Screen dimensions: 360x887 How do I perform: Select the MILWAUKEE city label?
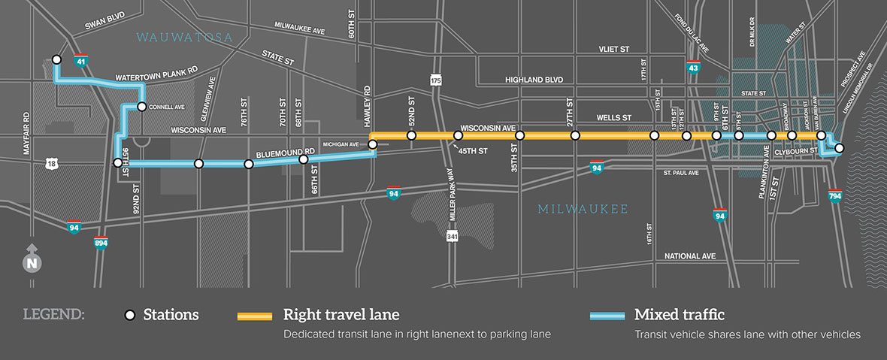click(583, 209)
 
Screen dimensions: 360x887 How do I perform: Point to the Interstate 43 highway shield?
click(695, 68)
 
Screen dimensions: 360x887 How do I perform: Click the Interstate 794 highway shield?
click(834, 196)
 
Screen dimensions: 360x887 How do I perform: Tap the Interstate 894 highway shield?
click(101, 243)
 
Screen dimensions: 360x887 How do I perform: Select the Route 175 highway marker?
click(436, 79)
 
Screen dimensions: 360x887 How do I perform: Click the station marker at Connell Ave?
click(141, 107)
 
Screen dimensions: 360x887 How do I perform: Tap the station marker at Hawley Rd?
click(372, 143)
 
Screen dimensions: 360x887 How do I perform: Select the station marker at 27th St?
click(575, 136)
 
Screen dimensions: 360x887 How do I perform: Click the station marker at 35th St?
click(519, 136)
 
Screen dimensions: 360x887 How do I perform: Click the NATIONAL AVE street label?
click(690, 256)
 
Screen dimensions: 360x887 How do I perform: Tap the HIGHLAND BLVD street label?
click(534, 80)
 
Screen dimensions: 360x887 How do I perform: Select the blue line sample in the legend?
click(605, 316)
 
